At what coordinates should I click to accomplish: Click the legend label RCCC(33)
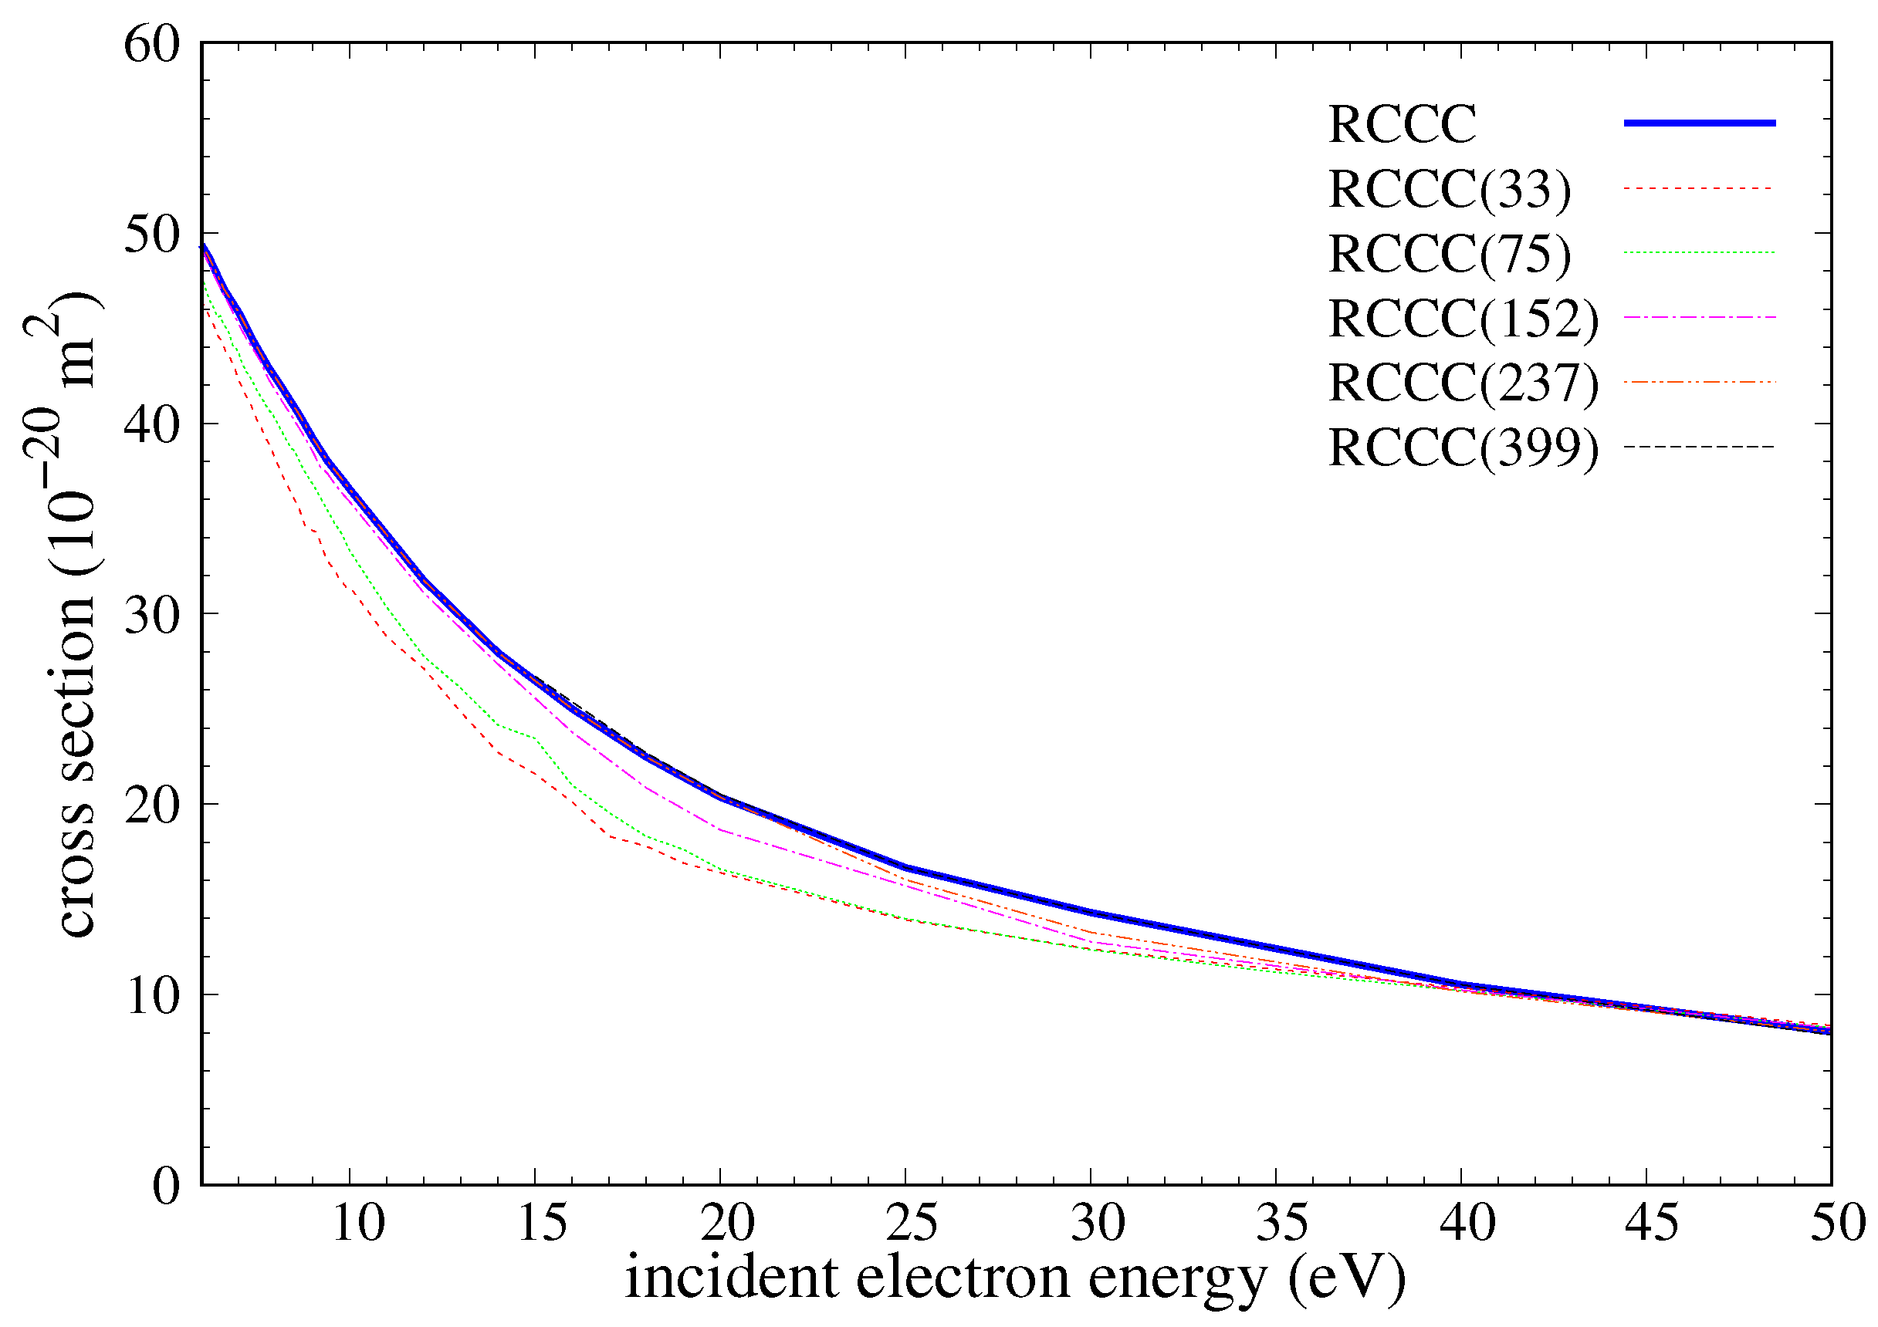pyautogui.click(x=1450, y=191)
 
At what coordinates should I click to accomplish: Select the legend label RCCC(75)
pyautogui.click(x=1450, y=255)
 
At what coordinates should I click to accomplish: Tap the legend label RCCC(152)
pyautogui.click(x=1463, y=319)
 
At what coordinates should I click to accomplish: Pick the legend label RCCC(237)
pyautogui.click(x=1463, y=383)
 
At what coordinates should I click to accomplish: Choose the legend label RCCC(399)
pyautogui.click(x=1463, y=448)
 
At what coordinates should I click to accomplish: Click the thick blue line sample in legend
pyautogui.click(x=1699, y=123)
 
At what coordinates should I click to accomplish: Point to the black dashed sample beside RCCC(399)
pyautogui.click(x=1699, y=447)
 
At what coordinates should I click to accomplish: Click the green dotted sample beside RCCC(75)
pyautogui.click(x=1699, y=252)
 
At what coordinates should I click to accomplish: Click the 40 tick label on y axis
pyautogui.click(x=152, y=425)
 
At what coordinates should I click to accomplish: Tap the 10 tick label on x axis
pyautogui.click(x=358, y=1224)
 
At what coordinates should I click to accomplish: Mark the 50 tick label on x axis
pyautogui.click(x=1836, y=1224)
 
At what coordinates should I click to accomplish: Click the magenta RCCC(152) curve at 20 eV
pyautogui.click(x=721, y=829)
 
